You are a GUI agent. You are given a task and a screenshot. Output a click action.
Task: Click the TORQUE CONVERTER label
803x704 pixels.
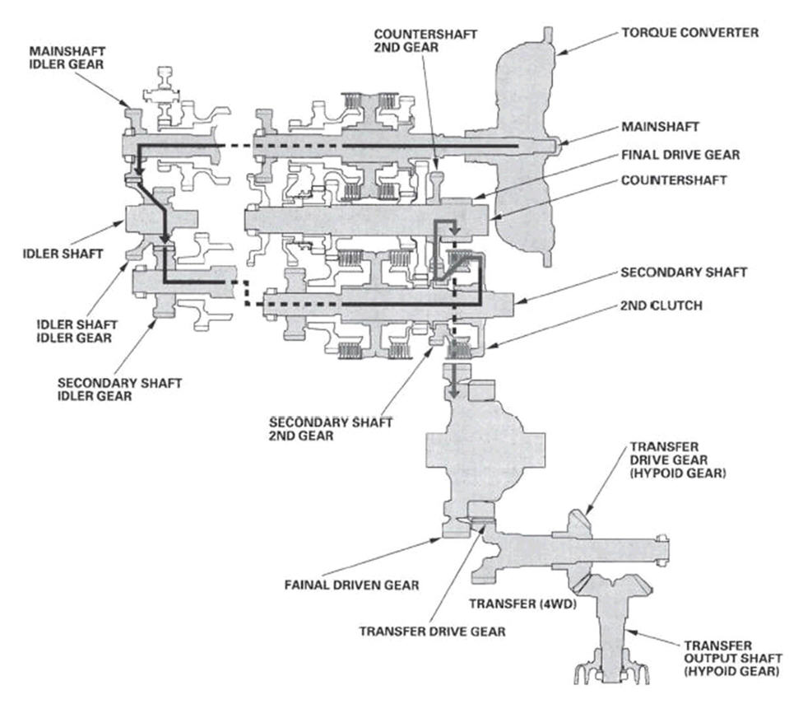[x=691, y=34]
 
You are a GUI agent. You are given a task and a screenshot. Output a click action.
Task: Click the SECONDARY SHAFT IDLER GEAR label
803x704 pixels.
[x=120, y=389]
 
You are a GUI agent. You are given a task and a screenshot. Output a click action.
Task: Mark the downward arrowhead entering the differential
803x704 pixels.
[x=453, y=391]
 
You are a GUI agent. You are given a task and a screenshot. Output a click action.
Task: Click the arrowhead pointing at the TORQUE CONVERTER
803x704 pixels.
[x=561, y=50]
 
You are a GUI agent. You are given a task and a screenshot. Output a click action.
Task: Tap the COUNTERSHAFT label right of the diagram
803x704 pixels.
[x=675, y=180]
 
